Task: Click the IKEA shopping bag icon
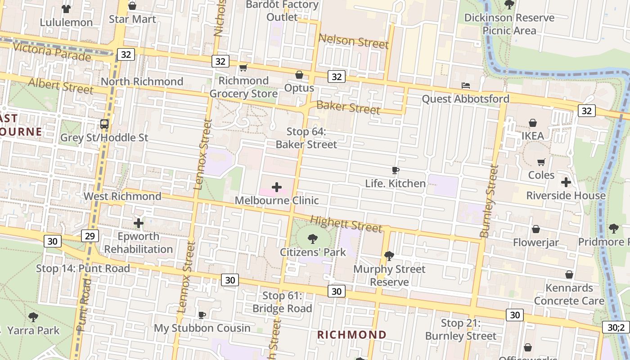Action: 533,123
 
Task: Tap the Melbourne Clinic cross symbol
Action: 277,187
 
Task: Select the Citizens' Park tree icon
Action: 313,239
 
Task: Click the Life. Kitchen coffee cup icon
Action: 395,170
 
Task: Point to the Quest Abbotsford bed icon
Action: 465,85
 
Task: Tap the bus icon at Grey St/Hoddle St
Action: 104,124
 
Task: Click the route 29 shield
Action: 90,236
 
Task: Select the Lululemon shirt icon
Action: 66,9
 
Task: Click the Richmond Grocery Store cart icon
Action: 243,67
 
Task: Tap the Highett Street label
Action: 346,224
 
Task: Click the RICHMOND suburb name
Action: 352,335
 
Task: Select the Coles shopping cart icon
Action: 541,162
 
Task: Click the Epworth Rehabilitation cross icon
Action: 139,223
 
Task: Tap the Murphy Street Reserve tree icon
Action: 389,256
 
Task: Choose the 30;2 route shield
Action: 616,328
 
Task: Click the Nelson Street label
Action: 353,41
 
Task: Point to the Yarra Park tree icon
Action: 33,317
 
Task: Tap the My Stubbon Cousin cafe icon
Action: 202,315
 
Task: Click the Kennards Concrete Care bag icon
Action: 569,274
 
